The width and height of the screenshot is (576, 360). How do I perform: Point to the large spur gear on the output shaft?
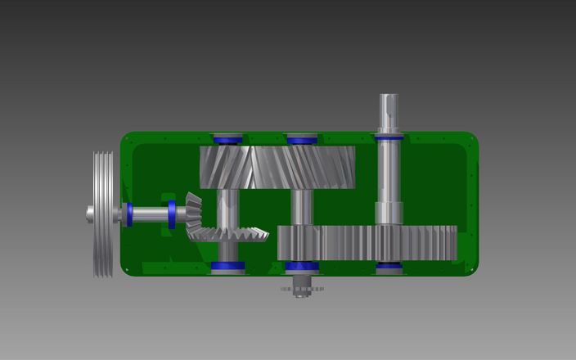[409, 243]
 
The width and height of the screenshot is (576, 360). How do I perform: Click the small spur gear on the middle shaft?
[298, 243]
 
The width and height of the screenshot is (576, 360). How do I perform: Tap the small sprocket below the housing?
[302, 289]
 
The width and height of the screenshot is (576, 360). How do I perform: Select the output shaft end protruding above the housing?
[388, 110]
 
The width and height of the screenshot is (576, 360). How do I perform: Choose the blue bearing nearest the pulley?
[129, 214]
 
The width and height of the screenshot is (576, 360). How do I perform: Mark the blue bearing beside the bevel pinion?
[172, 214]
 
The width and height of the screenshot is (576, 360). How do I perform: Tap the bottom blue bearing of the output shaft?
[388, 267]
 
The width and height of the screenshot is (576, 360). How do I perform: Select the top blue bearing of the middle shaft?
[302, 140]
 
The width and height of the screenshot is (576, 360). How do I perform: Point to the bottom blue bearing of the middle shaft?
[302, 267]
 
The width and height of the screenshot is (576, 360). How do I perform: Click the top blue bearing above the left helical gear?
[227, 140]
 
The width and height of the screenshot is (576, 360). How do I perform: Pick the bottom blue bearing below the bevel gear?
[227, 266]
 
